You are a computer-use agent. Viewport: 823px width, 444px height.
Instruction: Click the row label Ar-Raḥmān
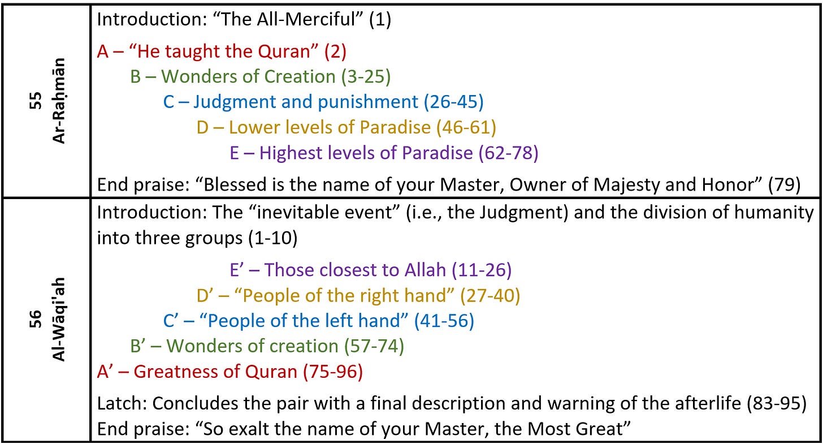click(59, 101)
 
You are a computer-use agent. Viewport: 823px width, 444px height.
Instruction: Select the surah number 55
click(36, 101)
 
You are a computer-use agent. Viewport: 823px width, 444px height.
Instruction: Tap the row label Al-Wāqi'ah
click(59, 320)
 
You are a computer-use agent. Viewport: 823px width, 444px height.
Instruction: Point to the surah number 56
click(36, 319)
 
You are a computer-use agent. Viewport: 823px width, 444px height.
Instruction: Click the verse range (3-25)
click(366, 77)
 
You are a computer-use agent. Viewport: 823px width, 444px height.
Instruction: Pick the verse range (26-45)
click(453, 102)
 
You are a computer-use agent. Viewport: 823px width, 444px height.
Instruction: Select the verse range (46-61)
click(466, 127)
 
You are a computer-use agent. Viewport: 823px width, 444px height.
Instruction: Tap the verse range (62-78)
click(508, 153)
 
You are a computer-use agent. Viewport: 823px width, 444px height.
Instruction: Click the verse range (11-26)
click(482, 270)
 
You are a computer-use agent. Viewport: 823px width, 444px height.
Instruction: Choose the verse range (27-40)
click(490, 296)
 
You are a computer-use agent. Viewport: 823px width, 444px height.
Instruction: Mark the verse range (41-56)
click(444, 321)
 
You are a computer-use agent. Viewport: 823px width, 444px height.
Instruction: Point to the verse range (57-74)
click(374, 346)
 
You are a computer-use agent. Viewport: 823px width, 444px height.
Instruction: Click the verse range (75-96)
click(333, 372)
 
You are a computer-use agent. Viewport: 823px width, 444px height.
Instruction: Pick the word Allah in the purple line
click(425, 270)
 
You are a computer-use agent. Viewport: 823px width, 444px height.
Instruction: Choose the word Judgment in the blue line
click(234, 102)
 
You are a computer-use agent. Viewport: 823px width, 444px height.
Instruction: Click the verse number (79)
click(785, 185)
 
